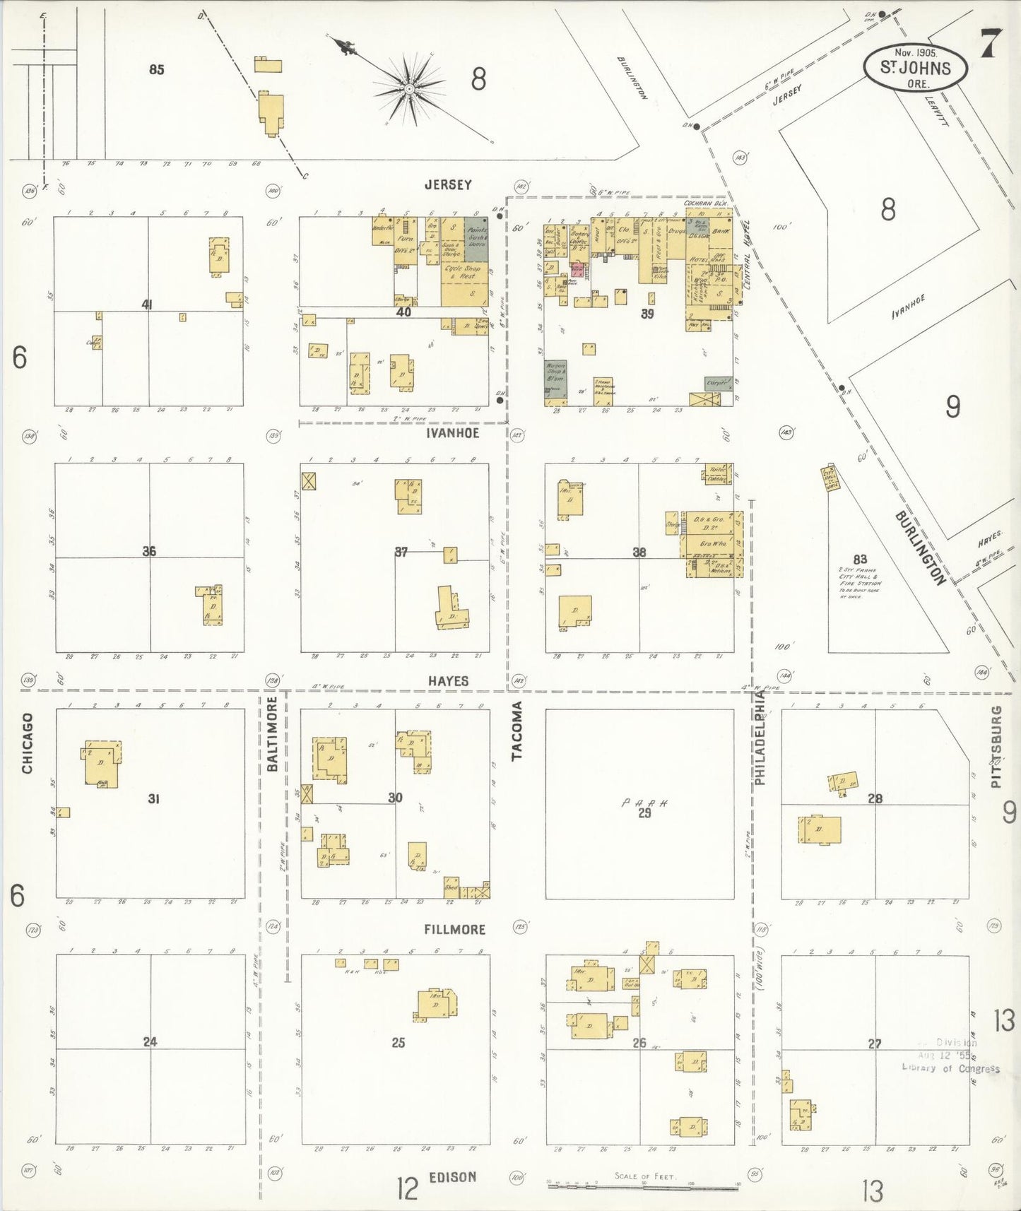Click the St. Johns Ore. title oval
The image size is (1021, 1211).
click(x=915, y=68)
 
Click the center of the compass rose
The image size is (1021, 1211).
click(x=408, y=89)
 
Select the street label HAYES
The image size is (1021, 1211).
click(x=448, y=681)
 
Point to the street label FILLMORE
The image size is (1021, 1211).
click(x=454, y=929)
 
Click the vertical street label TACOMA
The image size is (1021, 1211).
click(x=517, y=731)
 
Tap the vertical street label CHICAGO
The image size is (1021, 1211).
click(x=28, y=743)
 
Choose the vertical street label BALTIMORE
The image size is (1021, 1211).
click(x=273, y=733)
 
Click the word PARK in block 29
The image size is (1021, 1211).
click(x=644, y=803)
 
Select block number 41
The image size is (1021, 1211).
click(x=148, y=305)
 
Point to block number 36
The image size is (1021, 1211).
click(x=149, y=551)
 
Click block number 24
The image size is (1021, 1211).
click(x=150, y=1041)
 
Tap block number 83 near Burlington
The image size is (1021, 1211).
click(x=860, y=560)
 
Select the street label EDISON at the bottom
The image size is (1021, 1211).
click(x=452, y=1177)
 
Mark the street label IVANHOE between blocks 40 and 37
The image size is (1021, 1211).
click(x=452, y=433)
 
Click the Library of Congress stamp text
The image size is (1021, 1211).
click(x=950, y=1068)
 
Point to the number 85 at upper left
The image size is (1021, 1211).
click(x=157, y=69)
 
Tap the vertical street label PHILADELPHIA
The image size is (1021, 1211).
click(x=760, y=738)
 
